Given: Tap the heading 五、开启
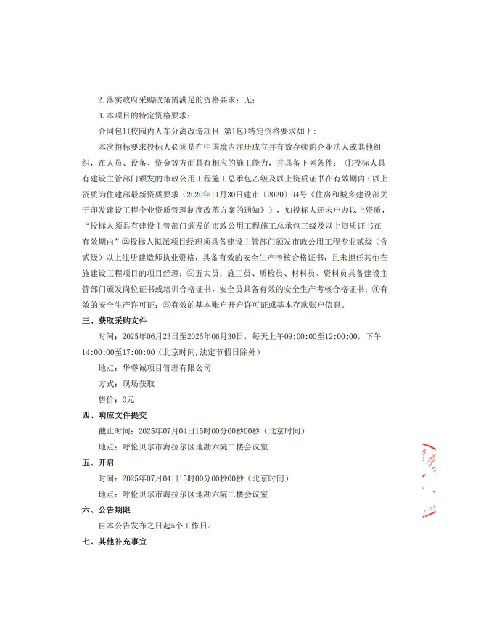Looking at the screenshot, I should pyautogui.click(x=101, y=462).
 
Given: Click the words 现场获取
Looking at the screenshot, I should pyautogui.click(x=140, y=384).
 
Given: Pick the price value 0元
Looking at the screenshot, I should pyautogui.click(x=128, y=399).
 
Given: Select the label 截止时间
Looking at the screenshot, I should pyautogui.click(x=112, y=430).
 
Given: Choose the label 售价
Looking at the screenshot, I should pyautogui.click(x=107, y=399).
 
